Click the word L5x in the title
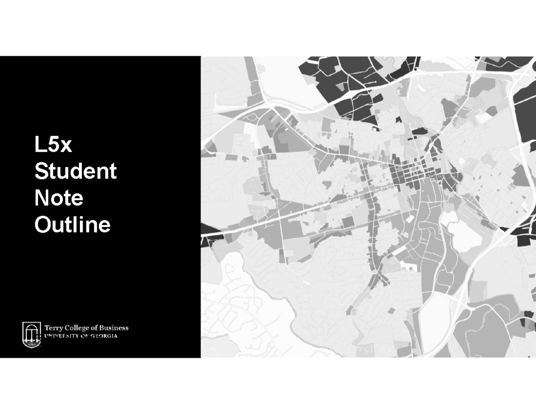[53, 145]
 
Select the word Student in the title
[75, 171]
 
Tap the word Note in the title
[59, 198]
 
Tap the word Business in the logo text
[114, 327]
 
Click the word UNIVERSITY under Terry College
[62, 336]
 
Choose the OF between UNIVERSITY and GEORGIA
[85, 336]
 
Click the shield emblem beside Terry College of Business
[32, 334]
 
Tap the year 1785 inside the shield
[31, 344]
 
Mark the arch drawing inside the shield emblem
[32, 332]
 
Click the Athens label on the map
[434, 176]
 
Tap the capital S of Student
[41, 171]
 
